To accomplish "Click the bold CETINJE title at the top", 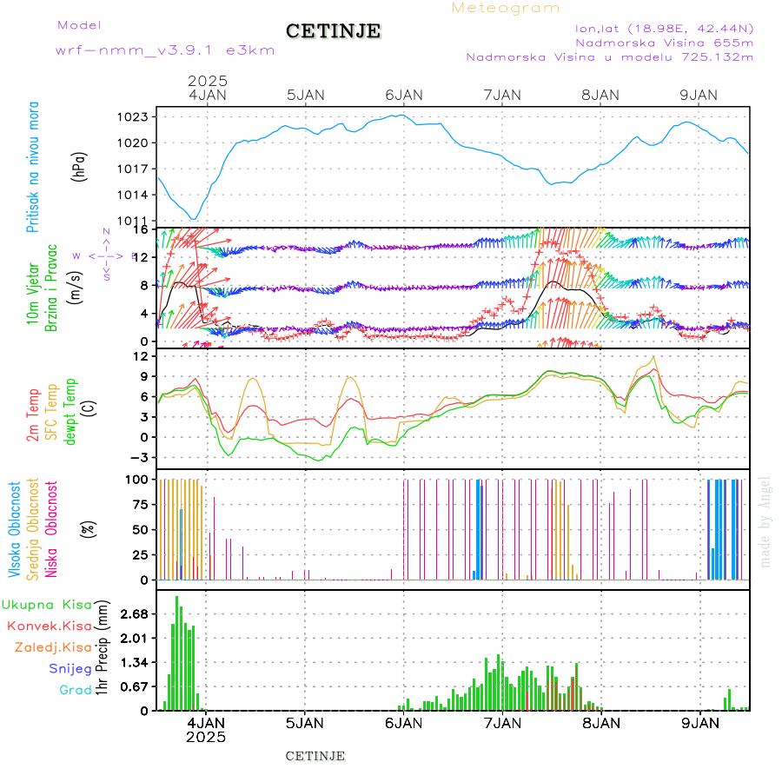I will [333, 31].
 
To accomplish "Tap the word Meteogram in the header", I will [506, 8].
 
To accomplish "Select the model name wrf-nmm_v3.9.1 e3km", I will [165, 50].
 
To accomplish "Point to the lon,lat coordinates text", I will [664, 28].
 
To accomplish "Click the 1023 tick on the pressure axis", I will [138, 116].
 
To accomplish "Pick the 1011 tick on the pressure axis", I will [138, 221].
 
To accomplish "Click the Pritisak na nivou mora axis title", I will [33, 167].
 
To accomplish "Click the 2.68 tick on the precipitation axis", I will [135, 614].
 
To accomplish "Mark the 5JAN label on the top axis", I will [304, 95].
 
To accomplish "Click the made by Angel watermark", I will [765, 521].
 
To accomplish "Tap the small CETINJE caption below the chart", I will [315, 756].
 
